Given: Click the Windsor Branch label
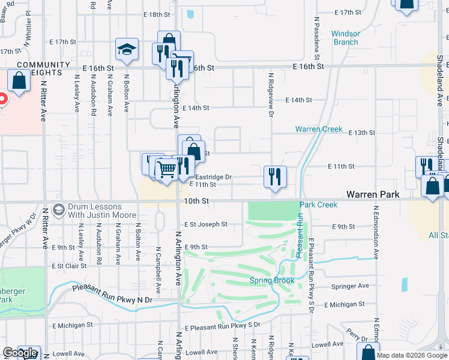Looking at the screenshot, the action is click(x=345, y=38).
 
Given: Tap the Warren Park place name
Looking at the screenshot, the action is click(x=373, y=195).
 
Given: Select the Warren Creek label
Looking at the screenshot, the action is click(x=319, y=129).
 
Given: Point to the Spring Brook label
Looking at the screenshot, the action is click(x=272, y=281).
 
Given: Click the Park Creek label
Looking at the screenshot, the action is click(x=319, y=205).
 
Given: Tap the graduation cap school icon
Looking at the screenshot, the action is click(x=127, y=50).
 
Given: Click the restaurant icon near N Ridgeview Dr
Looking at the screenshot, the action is click(x=275, y=177).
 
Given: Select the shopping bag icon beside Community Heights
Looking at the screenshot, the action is click(x=19, y=81).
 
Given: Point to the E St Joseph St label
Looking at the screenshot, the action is click(x=206, y=224).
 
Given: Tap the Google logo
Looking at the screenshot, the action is click(x=20, y=353).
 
